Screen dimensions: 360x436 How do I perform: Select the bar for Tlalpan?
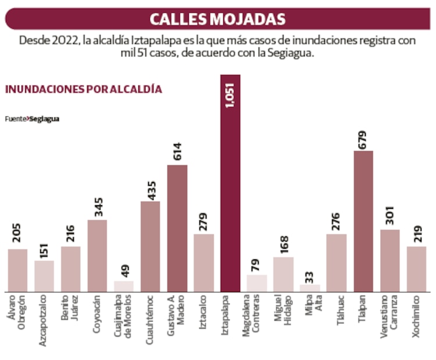coord(363,221)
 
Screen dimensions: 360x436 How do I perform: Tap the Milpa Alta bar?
coord(310,288)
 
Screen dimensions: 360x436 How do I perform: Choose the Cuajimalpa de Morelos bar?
coord(124,286)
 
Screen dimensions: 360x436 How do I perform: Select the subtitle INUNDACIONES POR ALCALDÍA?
coord(83,90)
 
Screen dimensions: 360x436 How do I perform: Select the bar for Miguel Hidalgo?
coord(283,274)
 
